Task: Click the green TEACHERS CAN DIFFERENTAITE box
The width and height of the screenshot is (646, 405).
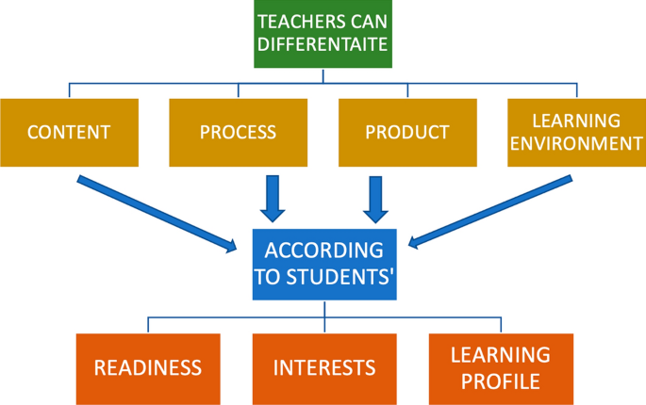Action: pyautogui.click(x=323, y=34)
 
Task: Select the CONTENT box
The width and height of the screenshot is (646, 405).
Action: pyautogui.click(x=69, y=132)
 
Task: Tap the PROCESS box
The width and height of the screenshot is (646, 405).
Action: pyautogui.click(x=238, y=132)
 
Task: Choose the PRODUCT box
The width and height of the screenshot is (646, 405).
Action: pyautogui.click(x=407, y=132)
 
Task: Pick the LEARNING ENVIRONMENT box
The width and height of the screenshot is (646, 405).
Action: pyautogui.click(x=575, y=132)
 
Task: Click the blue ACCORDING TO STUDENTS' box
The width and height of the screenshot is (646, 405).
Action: pyautogui.click(x=323, y=263)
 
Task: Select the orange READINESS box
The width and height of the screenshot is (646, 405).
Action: pyautogui.click(x=148, y=367)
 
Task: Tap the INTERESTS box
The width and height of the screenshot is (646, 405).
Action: pyautogui.click(x=324, y=367)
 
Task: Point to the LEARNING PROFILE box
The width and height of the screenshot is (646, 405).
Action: pyautogui.click(x=500, y=367)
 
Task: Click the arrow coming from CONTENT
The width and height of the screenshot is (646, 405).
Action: pyautogui.click(x=156, y=213)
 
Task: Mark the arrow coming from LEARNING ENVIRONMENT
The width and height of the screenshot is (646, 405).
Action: pyautogui.click(x=490, y=213)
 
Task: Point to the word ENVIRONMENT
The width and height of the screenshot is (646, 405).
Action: pyautogui.click(x=575, y=143)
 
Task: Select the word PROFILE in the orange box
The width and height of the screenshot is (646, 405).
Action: pyautogui.click(x=500, y=380)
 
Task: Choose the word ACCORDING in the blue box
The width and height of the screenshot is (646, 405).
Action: pyautogui.click(x=323, y=251)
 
